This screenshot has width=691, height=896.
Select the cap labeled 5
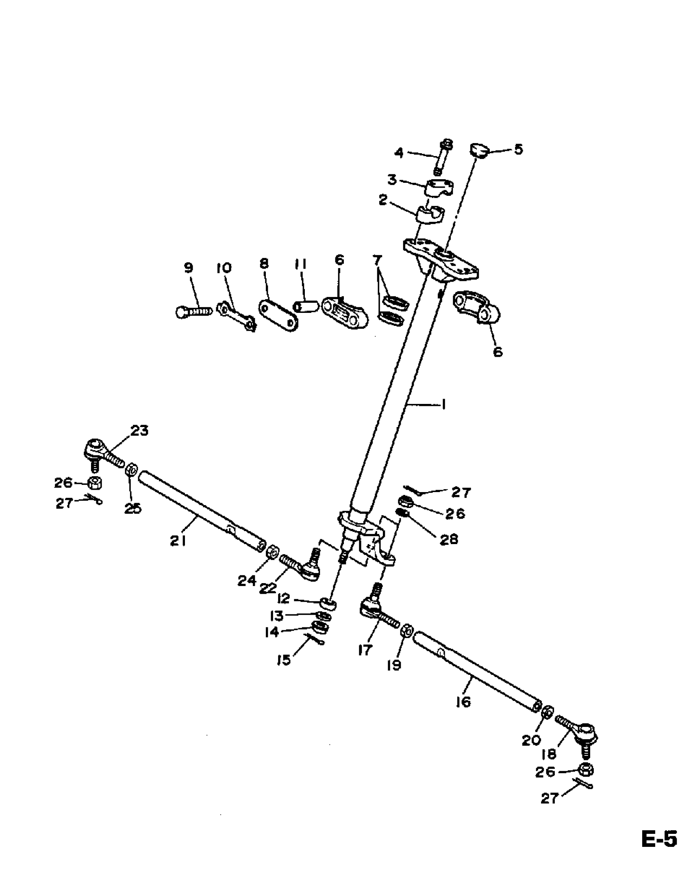478,150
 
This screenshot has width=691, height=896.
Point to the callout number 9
188,268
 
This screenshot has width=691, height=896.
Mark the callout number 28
448,540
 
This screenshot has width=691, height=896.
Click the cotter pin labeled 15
315,639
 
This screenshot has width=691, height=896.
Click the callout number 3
392,180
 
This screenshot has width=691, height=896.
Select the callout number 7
377,260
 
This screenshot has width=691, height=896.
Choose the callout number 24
247,581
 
